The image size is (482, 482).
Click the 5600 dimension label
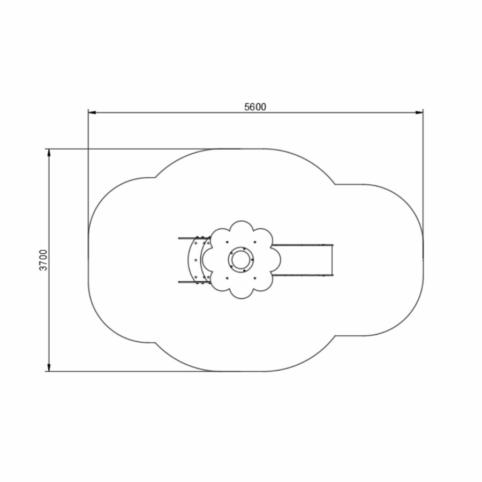pyautogui.click(x=255, y=107)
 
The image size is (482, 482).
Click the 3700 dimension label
pyautogui.click(x=44, y=260)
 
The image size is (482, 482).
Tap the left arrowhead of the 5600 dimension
pyautogui.click(x=92, y=112)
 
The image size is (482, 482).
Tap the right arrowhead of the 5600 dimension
pyautogui.click(x=419, y=112)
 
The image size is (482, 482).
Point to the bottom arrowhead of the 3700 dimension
pyautogui.click(x=49, y=367)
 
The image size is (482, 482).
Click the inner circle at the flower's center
pyautogui.click(x=242, y=259)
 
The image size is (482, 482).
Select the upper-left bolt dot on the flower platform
pyautogui.click(x=227, y=242)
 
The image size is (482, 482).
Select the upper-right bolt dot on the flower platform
pyautogui.click(x=255, y=242)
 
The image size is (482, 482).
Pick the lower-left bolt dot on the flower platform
pyautogui.click(x=227, y=278)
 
